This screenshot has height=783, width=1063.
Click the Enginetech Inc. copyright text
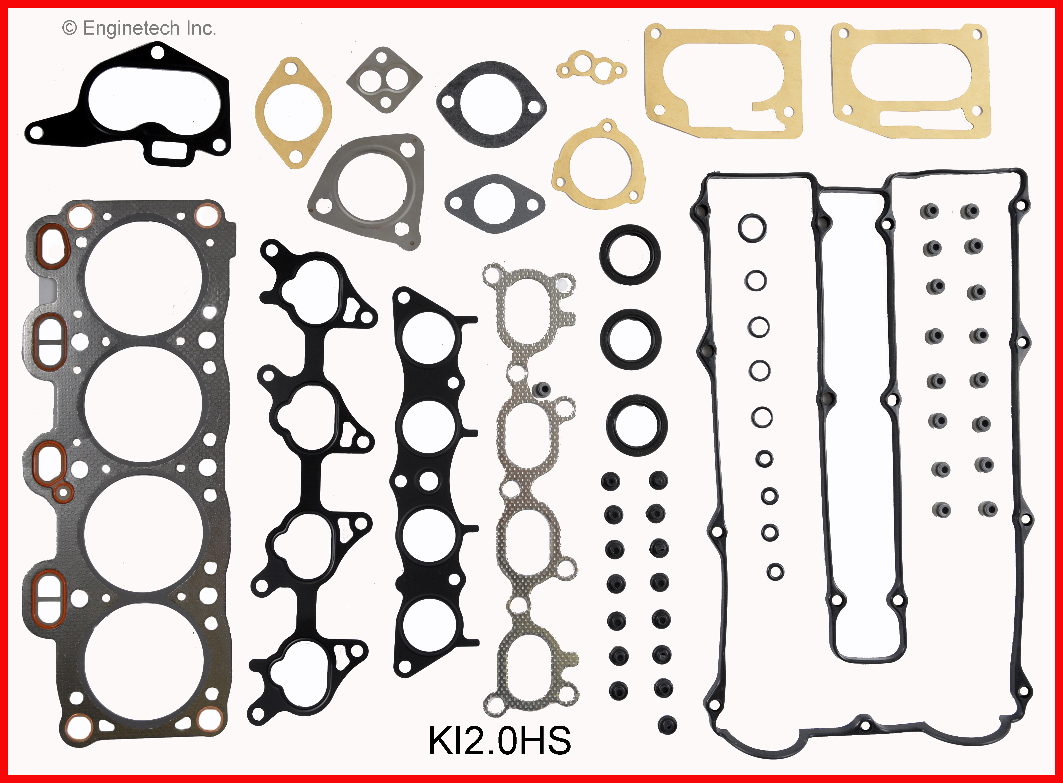(x=139, y=29)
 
